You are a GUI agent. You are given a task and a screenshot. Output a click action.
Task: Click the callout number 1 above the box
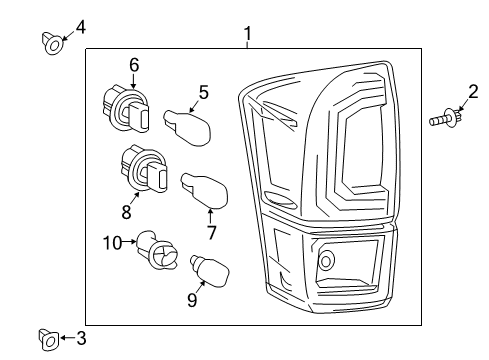point(247,36)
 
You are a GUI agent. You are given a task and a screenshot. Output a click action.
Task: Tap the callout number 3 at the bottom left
point(81,339)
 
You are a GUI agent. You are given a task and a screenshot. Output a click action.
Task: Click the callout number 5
point(203,92)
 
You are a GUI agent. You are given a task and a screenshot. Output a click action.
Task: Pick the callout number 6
point(133,65)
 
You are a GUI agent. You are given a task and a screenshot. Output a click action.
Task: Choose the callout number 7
point(211,234)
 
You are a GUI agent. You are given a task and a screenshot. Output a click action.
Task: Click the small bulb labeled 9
point(210,270)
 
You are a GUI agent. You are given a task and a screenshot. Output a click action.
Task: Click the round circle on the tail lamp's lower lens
point(325,264)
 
